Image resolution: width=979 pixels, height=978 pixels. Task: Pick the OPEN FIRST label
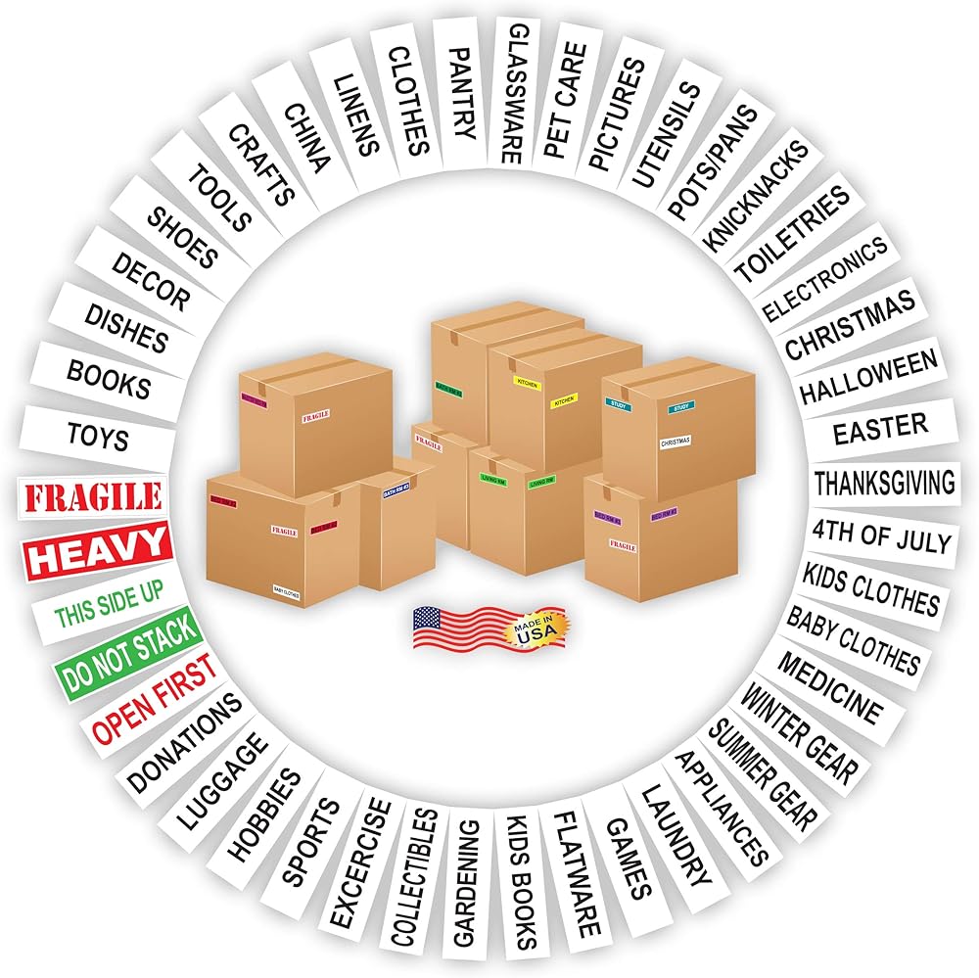pos(154,700)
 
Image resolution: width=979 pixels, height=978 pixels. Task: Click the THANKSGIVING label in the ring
pos(884,482)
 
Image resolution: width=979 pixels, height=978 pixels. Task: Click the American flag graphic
pos(455,628)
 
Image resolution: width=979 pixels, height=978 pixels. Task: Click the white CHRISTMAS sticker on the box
pos(676,442)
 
